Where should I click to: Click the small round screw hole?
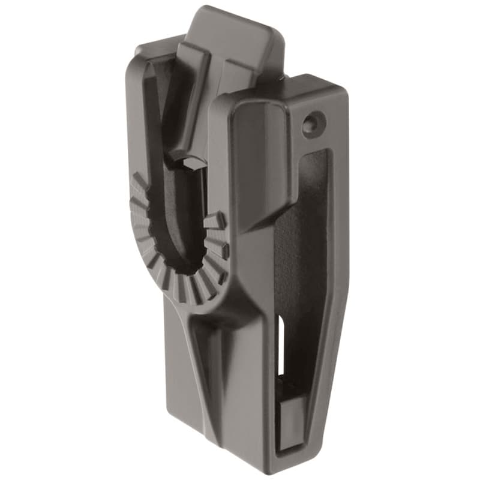[x=310, y=124]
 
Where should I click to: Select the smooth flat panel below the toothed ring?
[x=180, y=372]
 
